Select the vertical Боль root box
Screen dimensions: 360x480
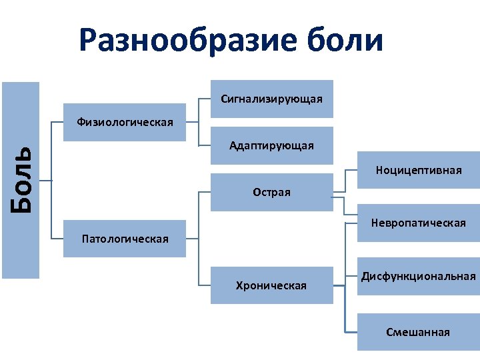21,179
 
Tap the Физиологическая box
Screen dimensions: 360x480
125,122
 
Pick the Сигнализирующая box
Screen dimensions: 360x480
271,99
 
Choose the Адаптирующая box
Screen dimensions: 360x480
271,145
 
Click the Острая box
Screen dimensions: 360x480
271,193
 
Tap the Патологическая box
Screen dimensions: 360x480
125,239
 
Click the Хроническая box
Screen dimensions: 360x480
271,285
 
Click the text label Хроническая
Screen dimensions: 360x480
271,285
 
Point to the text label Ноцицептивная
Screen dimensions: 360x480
418,171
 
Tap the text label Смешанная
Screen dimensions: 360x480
418,332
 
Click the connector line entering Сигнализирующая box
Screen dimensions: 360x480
205,100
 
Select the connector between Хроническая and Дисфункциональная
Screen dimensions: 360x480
339,285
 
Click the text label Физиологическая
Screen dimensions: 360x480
125,122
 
